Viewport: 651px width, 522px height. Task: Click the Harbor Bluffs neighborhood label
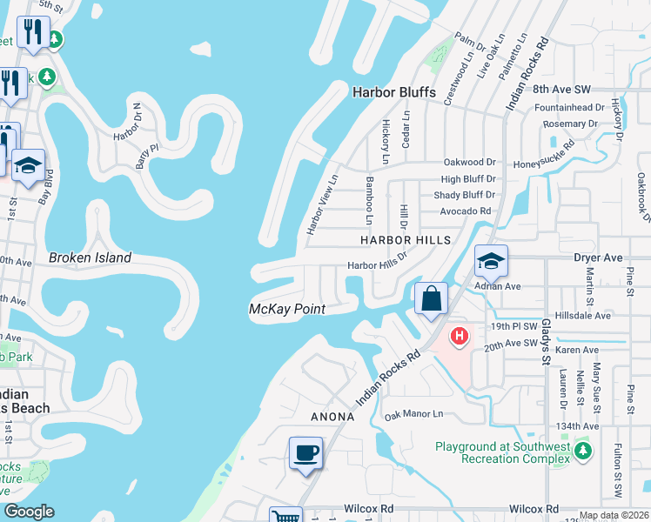pyautogui.click(x=393, y=92)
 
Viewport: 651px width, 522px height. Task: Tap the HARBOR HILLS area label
pyautogui.click(x=407, y=239)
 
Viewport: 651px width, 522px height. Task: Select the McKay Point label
pyautogui.click(x=287, y=309)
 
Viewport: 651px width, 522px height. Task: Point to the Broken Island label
pyautogui.click(x=90, y=258)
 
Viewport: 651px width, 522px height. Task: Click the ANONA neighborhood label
pyautogui.click(x=332, y=417)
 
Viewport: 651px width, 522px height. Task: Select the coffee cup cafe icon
pyautogui.click(x=305, y=453)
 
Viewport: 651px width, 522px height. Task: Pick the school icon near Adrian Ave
pyautogui.click(x=491, y=260)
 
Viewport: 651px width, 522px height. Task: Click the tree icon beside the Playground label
pyautogui.click(x=582, y=451)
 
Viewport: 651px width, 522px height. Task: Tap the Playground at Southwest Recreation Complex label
pyautogui.click(x=502, y=453)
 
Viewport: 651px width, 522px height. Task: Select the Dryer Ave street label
pyautogui.click(x=598, y=258)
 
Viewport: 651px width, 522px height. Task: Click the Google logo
pyautogui.click(x=29, y=512)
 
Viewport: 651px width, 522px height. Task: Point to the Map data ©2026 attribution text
pyautogui.click(x=614, y=515)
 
